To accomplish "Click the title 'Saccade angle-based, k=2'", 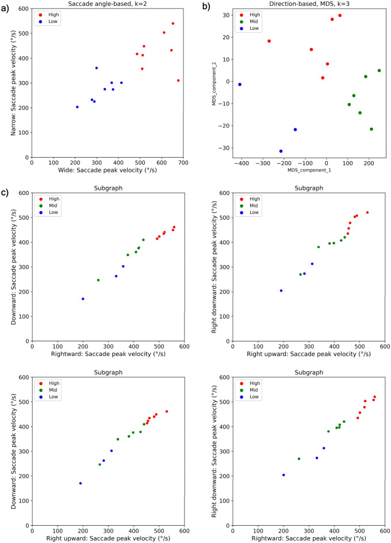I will click(108, 5).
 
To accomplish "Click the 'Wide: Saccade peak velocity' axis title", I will click(108, 171).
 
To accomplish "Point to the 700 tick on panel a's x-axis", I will click(183, 163).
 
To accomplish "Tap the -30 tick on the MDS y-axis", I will click(224, 148).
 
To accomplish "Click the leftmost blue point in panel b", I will click(240, 85).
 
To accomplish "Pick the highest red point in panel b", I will click(340, 16).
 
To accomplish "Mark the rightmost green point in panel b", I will click(379, 71).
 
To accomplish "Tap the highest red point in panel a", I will click(173, 24).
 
